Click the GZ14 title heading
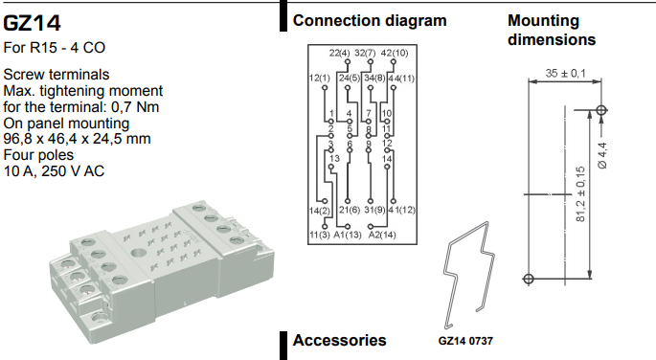32,23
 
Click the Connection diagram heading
370,20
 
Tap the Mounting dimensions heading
552,30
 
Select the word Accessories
339,340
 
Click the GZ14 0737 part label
465,341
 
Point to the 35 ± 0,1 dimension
565,73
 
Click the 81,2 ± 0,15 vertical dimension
580,194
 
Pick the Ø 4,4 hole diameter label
603,155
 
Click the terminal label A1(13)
348,235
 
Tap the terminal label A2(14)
382,235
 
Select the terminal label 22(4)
339,53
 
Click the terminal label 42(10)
395,53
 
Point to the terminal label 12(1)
320,79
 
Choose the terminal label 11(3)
320,235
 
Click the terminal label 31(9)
374,210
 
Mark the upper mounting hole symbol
601,110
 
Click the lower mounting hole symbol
529,279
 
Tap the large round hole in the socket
137,253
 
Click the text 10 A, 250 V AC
54,171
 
